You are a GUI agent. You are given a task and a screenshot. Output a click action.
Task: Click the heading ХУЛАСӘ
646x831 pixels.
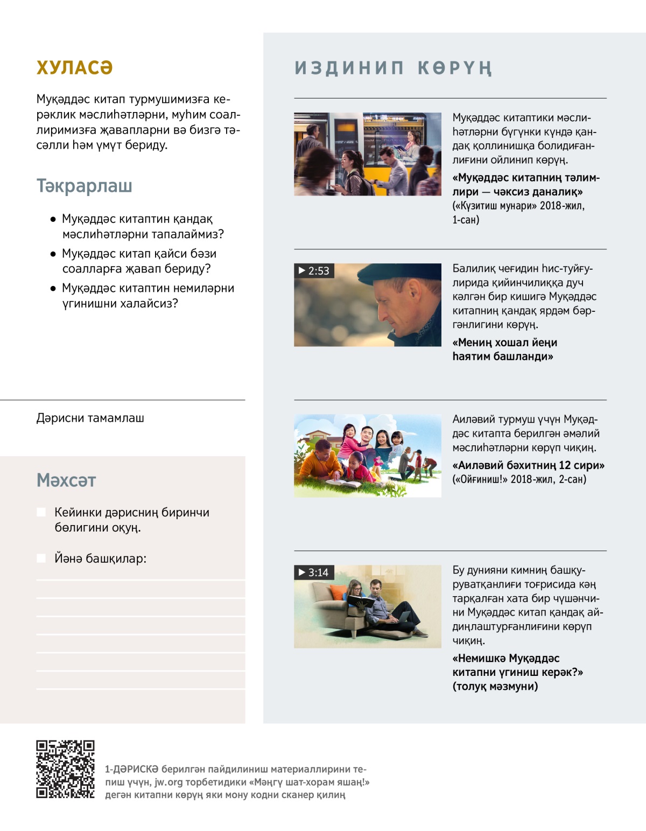click(x=74, y=68)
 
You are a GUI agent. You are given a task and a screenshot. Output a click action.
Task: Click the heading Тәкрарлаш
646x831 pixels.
click(x=84, y=186)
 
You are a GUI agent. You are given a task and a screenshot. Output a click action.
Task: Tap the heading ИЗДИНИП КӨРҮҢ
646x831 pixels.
click(x=393, y=68)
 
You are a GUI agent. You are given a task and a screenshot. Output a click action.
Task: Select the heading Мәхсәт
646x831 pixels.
click(x=66, y=480)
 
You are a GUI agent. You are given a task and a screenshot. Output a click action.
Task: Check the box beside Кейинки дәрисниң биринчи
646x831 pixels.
click(x=41, y=512)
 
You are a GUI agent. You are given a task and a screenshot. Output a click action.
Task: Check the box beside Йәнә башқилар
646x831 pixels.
click(x=41, y=558)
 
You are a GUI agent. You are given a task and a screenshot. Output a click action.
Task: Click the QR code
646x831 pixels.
click(x=65, y=769)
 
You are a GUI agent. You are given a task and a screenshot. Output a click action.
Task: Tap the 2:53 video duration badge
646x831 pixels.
click(x=314, y=271)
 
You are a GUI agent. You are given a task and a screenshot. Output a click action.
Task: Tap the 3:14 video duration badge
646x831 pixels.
click(x=314, y=572)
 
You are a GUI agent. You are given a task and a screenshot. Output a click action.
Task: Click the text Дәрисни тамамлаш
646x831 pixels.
click(x=90, y=418)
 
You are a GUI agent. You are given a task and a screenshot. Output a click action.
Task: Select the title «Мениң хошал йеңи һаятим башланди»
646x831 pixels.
click(x=504, y=350)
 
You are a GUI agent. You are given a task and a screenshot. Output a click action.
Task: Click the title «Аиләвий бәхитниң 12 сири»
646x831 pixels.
click(x=528, y=465)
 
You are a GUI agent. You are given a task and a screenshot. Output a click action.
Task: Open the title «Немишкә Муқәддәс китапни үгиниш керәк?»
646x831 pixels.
click(x=517, y=665)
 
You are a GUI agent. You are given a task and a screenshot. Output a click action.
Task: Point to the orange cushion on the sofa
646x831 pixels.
click(x=338, y=593)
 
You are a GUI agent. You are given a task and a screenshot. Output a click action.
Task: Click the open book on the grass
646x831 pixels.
click(x=343, y=484)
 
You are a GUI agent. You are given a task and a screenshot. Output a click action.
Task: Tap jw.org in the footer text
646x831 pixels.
click(x=168, y=782)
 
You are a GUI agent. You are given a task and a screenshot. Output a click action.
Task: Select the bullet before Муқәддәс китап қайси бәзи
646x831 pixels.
click(x=53, y=254)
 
